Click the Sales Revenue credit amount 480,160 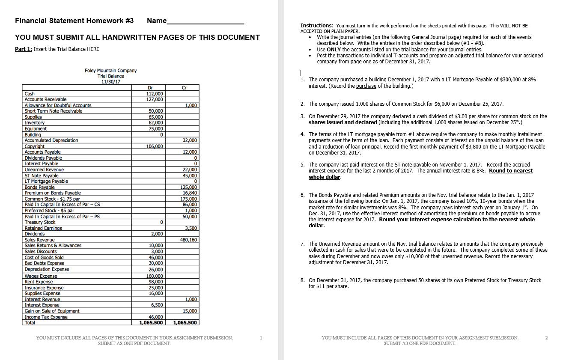[188, 240]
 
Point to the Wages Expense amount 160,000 [155, 276]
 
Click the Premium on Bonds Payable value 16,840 [190, 193]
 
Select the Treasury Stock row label [40, 222]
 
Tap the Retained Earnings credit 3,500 [192, 228]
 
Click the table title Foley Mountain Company [110, 71]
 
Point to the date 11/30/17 [110, 81]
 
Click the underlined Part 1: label [23, 49]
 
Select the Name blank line [206, 21]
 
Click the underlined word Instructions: [317, 26]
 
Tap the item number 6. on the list [303, 195]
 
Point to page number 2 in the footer [546, 338]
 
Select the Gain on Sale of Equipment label [52, 311]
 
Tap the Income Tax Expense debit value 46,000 [155, 317]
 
